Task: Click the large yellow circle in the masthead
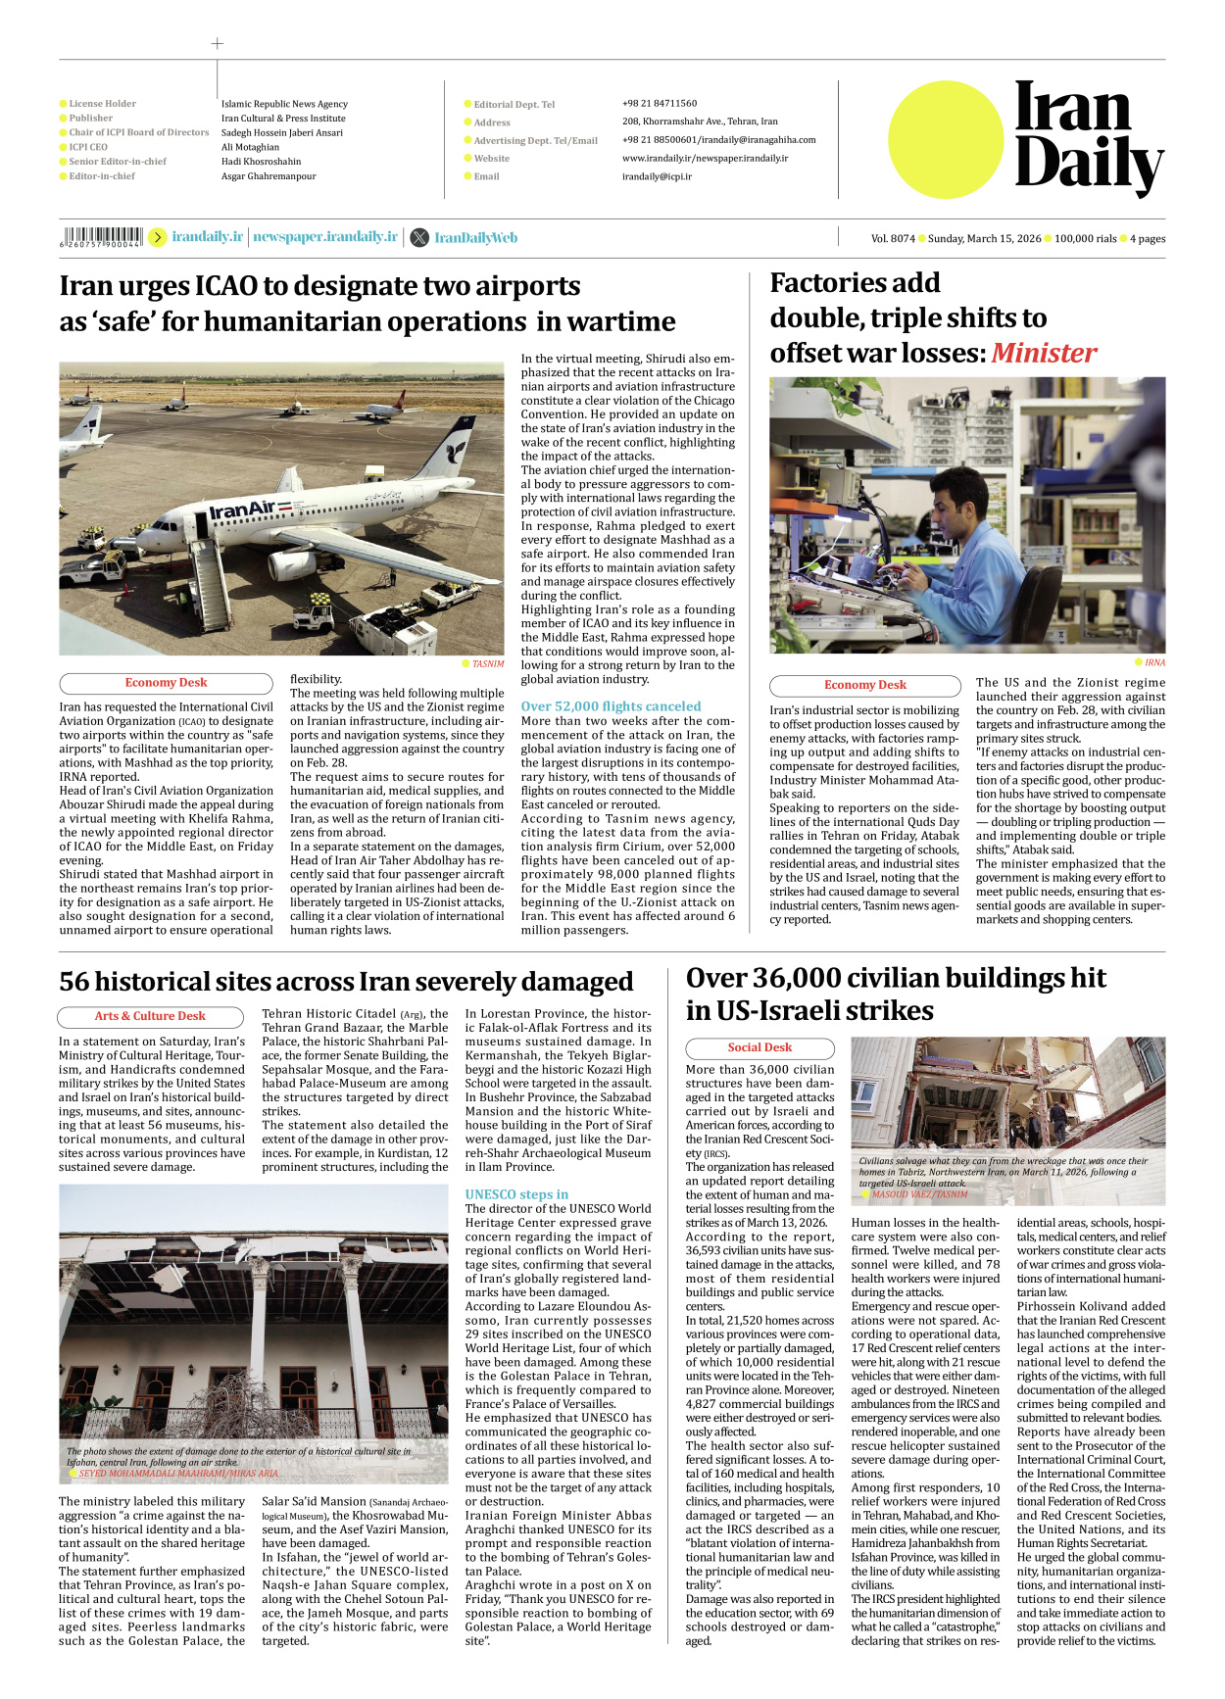pos(946,139)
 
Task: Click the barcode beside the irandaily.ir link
pos(103,236)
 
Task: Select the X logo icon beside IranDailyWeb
pos(419,237)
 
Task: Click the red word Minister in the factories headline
pos(1044,353)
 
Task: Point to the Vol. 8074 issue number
pos(893,238)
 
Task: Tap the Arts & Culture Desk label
pos(150,1016)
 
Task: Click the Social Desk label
pos(759,1047)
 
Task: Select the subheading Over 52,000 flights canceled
pos(611,705)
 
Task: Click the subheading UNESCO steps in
pos(516,1194)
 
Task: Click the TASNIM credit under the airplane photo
pos(488,663)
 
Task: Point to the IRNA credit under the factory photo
pos(1154,662)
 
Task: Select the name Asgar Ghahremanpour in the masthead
pos(269,176)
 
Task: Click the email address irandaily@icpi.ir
pos(657,176)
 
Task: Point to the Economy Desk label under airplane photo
pos(166,683)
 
